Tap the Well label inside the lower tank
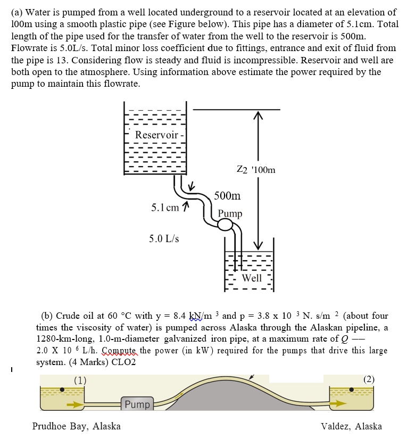(252, 278)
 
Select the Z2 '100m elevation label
(256, 170)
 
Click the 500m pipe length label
(227, 196)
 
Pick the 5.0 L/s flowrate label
(164, 238)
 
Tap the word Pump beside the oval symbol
(230, 213)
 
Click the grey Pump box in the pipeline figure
(137, 404)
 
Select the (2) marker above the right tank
(369, 379)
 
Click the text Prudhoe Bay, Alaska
(76, 426)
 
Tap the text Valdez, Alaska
(351, 426)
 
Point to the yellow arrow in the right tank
(337, 403)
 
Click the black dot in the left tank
(63, 390)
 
